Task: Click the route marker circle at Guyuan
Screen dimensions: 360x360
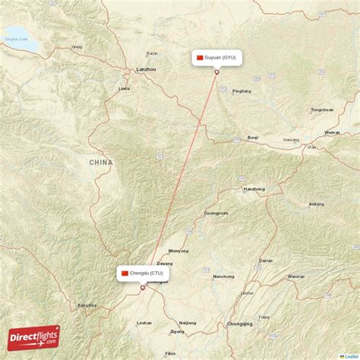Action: (x=216, y=73)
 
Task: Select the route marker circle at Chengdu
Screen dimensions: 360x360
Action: (x=142, y=288)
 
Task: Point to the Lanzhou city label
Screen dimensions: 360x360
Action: (x=145, y=69)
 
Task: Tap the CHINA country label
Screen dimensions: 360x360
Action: (x=100, y=162)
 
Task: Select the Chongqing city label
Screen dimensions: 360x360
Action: (x=239, y=324)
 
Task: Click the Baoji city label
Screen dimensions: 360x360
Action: (x=253, y=137)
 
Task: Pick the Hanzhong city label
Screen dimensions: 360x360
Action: (x=254, y=188)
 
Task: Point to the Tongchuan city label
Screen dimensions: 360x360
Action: (x=321, y=109)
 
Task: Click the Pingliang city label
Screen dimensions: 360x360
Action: (x=242, y=90)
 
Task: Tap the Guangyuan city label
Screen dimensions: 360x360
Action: (x=216, y=213)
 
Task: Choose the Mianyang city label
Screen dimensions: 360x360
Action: (x=178, y=250)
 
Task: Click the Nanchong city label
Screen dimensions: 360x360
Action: (x=223, y=276)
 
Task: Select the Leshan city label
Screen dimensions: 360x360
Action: (x=144, y=323)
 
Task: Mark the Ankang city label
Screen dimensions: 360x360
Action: (x=316, y=204)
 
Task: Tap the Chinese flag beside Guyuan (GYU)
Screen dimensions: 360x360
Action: (x=200, y=58)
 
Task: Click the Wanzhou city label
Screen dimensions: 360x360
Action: (x=296, y=276)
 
